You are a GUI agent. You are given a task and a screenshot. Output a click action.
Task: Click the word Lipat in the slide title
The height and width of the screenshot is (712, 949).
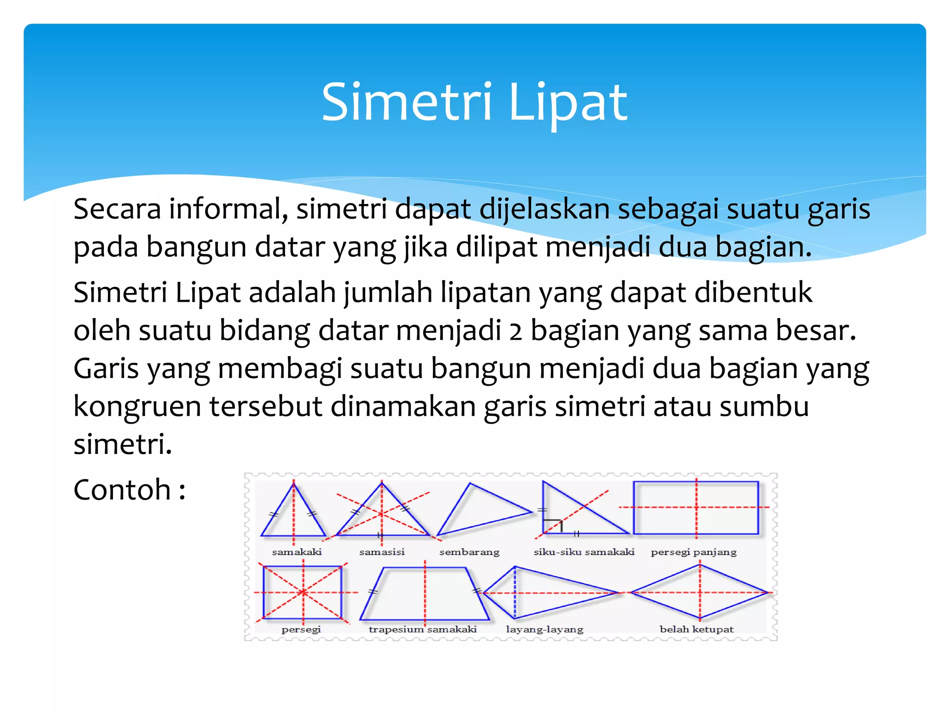568,103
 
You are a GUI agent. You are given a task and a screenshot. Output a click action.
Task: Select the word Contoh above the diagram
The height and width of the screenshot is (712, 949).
122,490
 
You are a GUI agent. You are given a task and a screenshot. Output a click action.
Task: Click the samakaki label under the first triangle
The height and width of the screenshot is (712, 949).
297,552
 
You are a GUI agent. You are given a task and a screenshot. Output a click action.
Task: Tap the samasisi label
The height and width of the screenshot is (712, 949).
382,552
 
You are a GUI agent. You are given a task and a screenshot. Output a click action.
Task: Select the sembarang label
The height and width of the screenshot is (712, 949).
469,552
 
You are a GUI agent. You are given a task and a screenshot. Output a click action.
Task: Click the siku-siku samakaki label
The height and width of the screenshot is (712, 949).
584,552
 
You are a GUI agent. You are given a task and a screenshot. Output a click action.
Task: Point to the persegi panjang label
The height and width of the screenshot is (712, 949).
694,552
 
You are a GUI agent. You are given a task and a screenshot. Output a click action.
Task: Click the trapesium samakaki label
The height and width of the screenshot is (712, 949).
423,629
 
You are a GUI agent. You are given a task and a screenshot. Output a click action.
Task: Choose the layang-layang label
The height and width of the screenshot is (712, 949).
544,629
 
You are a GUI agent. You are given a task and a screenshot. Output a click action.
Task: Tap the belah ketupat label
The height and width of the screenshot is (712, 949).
696,629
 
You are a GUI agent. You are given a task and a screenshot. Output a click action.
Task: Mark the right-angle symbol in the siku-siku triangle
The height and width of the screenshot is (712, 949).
553,525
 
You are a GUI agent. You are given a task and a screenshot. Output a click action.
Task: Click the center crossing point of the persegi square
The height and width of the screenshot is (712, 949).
303,592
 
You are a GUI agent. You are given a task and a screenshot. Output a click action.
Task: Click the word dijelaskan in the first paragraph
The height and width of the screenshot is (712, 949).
544,209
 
